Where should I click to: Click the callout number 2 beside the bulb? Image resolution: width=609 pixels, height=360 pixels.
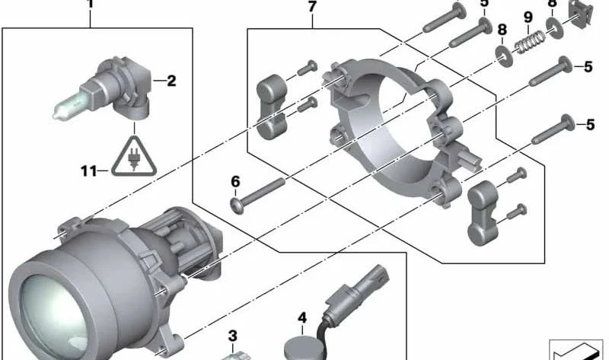click(171, 81)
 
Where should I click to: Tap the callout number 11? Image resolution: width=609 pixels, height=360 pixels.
click(88, 170)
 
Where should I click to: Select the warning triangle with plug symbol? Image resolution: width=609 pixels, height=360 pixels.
click(134, 156)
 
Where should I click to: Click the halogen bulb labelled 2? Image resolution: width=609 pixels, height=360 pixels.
click(102, 88)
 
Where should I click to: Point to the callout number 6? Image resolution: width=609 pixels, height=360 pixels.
click(235, 181)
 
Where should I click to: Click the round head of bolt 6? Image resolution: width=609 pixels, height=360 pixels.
click(237, 205)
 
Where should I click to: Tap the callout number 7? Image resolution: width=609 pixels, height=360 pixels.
click(312, 7)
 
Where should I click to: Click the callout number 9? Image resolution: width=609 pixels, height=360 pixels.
click(528, 18)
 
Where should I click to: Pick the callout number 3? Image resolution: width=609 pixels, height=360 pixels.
click(232, 336)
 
